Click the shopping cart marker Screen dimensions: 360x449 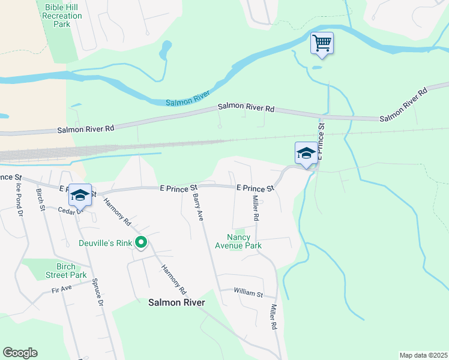(322, 43)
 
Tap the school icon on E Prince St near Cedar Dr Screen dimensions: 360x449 (80, 194)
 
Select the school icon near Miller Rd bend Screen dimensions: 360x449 (306, 153)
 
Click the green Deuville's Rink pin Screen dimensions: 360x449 (142, 243)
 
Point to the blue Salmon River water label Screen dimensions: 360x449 (187, 100)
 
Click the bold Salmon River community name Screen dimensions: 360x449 (176, 302)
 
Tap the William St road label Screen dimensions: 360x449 (249, 293)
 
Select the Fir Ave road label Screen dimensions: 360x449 (62, 289)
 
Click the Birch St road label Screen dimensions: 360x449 (41, 199)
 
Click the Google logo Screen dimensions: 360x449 (20, 353)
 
